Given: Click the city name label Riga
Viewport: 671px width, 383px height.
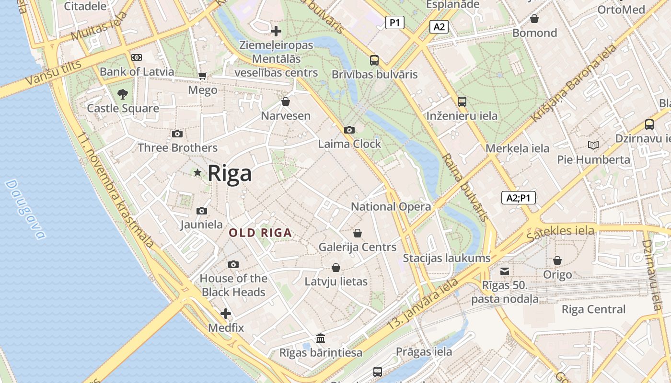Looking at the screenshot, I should pos(230,173).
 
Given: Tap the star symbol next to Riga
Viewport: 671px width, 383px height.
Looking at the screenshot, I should pos(197,172).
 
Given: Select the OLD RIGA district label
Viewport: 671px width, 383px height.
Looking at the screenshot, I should pos(260,233).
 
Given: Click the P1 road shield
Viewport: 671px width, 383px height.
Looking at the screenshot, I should pos(395,22).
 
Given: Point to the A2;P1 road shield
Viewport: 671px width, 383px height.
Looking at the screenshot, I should pos(518,198).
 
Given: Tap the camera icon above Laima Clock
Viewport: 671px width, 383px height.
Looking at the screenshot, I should pos(349,130).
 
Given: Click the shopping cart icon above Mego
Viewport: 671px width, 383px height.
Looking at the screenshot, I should pos(202,76).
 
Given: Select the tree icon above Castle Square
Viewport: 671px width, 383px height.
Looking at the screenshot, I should pos(123,94).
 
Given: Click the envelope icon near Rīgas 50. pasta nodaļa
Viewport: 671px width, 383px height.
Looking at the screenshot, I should pos(505,271).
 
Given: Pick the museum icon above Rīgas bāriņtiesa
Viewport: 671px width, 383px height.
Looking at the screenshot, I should pos(321,338).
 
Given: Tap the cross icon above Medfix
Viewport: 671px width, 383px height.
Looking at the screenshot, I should pos(226,314).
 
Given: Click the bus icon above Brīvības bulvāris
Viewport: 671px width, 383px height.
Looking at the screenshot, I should pos(374,60).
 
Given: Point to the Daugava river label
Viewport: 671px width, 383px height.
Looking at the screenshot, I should pos(25,209).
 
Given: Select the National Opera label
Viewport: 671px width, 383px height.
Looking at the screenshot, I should pos(391,207).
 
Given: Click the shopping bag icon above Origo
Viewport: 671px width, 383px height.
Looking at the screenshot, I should pos(557,260).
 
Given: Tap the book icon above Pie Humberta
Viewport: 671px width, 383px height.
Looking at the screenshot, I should pos(593,145).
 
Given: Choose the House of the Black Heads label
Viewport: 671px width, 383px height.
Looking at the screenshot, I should pos(233,285).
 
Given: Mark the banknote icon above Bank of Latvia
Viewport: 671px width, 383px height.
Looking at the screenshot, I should pos(137,57).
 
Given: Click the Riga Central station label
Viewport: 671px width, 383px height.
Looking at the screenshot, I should pos(593,309).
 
